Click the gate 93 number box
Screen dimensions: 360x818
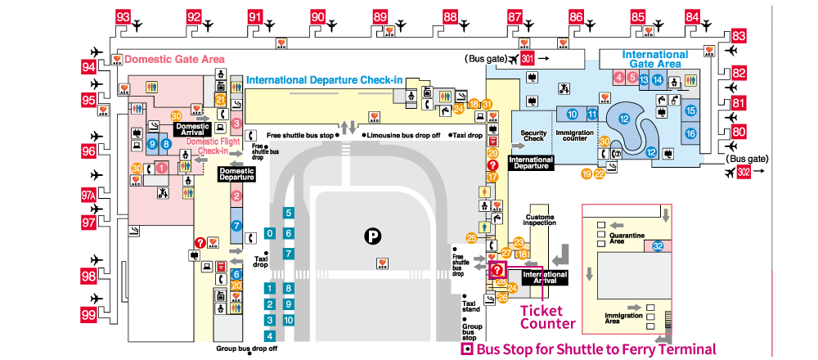[124, 16]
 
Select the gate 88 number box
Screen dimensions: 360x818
[450, 16]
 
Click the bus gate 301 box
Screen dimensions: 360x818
[528, 59]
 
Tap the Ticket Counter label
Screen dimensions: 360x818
[547, 317]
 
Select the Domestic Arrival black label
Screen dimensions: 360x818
[192, 129]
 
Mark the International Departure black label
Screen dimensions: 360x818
[531, 162]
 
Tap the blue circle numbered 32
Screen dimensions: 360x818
[658, 245]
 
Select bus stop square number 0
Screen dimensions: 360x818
[270, 233]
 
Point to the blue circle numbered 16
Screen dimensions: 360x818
[690, 133]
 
